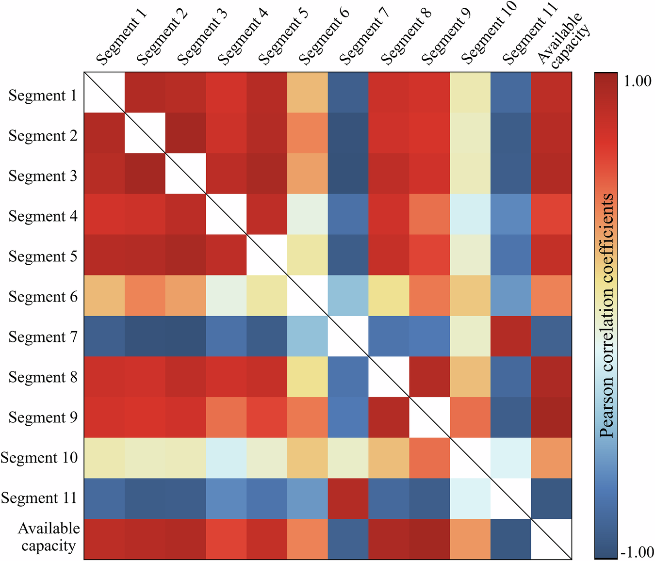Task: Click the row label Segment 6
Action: point(43,296)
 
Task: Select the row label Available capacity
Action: point(49,537)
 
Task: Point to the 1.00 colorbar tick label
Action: point(637,80)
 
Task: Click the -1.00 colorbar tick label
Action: point(637,552)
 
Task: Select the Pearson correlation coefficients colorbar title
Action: point(606,316)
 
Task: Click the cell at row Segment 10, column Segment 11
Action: point(511,458)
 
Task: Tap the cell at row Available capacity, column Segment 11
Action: point(511,539)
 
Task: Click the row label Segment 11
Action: point(39,498)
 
